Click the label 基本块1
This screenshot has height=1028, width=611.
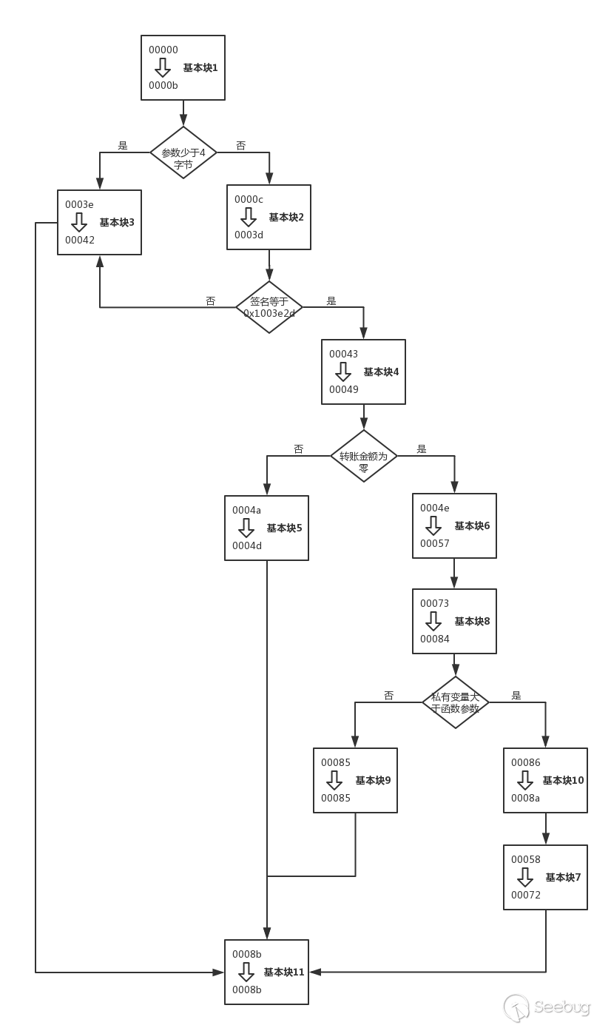click(200, 68)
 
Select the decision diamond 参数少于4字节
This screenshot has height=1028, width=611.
click(183, 152)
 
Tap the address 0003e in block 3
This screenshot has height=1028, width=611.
click(79, 204)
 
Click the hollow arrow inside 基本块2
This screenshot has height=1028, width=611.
click(249, 217)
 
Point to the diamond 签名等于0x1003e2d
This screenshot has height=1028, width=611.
click(269, 307)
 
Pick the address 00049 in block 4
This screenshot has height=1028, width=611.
click(343, 389)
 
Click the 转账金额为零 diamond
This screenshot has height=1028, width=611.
click(363, 456)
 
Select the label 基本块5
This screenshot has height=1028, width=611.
click(284, 528)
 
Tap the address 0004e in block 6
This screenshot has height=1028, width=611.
click(434, 508)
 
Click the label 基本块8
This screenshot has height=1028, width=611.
click(472, 622)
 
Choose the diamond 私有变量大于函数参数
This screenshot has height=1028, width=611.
click(456, 702)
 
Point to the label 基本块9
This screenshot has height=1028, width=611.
click(373, 781)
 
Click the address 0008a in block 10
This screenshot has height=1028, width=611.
click(525, 798)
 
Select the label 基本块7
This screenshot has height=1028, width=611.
click(563, 878)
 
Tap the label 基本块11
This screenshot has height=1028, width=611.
click(284, 972)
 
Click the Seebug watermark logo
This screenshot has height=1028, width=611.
click(547, 1007)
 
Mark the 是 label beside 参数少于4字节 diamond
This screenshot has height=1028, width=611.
click(123, 146)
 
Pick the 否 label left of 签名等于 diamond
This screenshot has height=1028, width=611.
click(211, 301)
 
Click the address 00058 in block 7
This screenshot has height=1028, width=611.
click(525, 860)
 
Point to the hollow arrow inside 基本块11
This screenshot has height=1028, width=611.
click(246, 972)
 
